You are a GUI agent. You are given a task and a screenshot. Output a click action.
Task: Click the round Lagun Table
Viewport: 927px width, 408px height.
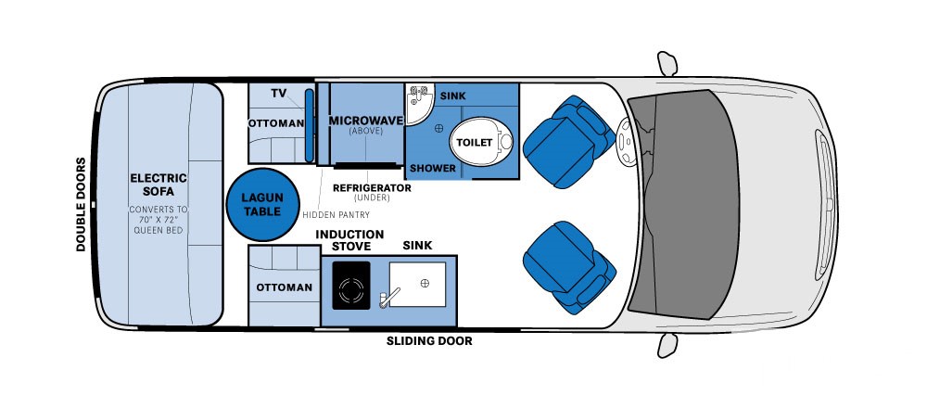tap(263, 204)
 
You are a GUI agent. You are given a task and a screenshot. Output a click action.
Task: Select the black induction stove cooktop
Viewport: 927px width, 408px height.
tap(351, 285)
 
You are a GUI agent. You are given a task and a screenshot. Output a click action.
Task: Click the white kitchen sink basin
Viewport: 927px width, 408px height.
tap(417, 285)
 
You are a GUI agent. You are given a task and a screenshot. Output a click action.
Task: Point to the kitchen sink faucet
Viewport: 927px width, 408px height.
tap(389, 296)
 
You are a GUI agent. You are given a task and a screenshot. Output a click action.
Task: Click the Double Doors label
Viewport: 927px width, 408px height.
tap(81, 204)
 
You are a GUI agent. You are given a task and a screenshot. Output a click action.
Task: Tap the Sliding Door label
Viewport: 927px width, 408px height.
tap(429, 341)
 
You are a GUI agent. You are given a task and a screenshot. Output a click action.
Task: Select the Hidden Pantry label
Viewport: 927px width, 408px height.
tap(336, 214)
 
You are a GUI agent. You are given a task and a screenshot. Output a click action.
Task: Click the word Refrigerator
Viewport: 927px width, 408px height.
tap(372, 187)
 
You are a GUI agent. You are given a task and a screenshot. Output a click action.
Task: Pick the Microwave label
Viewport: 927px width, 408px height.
tap(366, 121)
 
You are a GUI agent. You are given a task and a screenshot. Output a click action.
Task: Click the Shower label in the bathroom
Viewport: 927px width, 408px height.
tap(433, 169)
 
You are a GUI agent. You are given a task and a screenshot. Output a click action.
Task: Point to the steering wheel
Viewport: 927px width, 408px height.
tap(624, 141)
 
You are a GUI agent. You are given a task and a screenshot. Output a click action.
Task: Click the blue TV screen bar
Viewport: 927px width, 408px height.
tap(309, 125)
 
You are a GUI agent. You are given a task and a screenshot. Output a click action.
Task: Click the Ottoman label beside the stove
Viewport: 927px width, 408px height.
tap(284, 287)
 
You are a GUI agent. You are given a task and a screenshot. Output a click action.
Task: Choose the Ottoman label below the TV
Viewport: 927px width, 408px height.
tap(276, 123)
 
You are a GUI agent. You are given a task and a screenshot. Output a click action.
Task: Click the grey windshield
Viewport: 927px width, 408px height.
tap(683, 204)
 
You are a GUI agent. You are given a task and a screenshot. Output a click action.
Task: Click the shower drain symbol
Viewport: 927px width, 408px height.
tap(438, 128)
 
